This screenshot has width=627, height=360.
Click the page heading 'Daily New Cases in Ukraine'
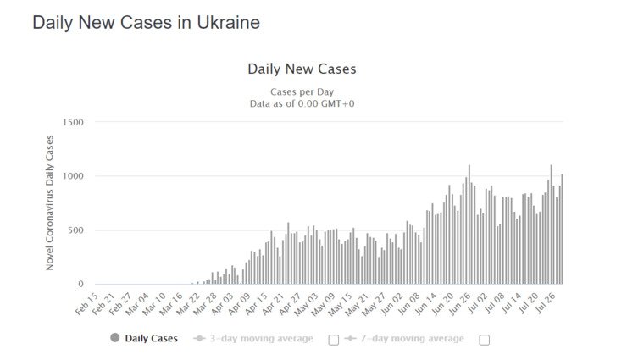click(x=146, y=23)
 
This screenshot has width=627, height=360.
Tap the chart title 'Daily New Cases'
click(x=301, y=69)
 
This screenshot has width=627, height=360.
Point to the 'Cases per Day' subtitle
click(x=301, y=91)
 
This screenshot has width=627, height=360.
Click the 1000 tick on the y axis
click(x=73, y=176)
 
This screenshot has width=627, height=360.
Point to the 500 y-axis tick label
click(x=76, y=230)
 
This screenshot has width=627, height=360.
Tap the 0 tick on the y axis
click(x=81, y=285)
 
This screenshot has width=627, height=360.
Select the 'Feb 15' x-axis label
click(x=87, y=302)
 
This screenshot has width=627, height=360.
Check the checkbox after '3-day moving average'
click(x=333, y=340)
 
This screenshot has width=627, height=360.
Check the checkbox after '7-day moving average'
click(x=485, y=340)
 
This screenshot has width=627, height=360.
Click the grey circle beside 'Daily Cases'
click(x=115, y=339)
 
